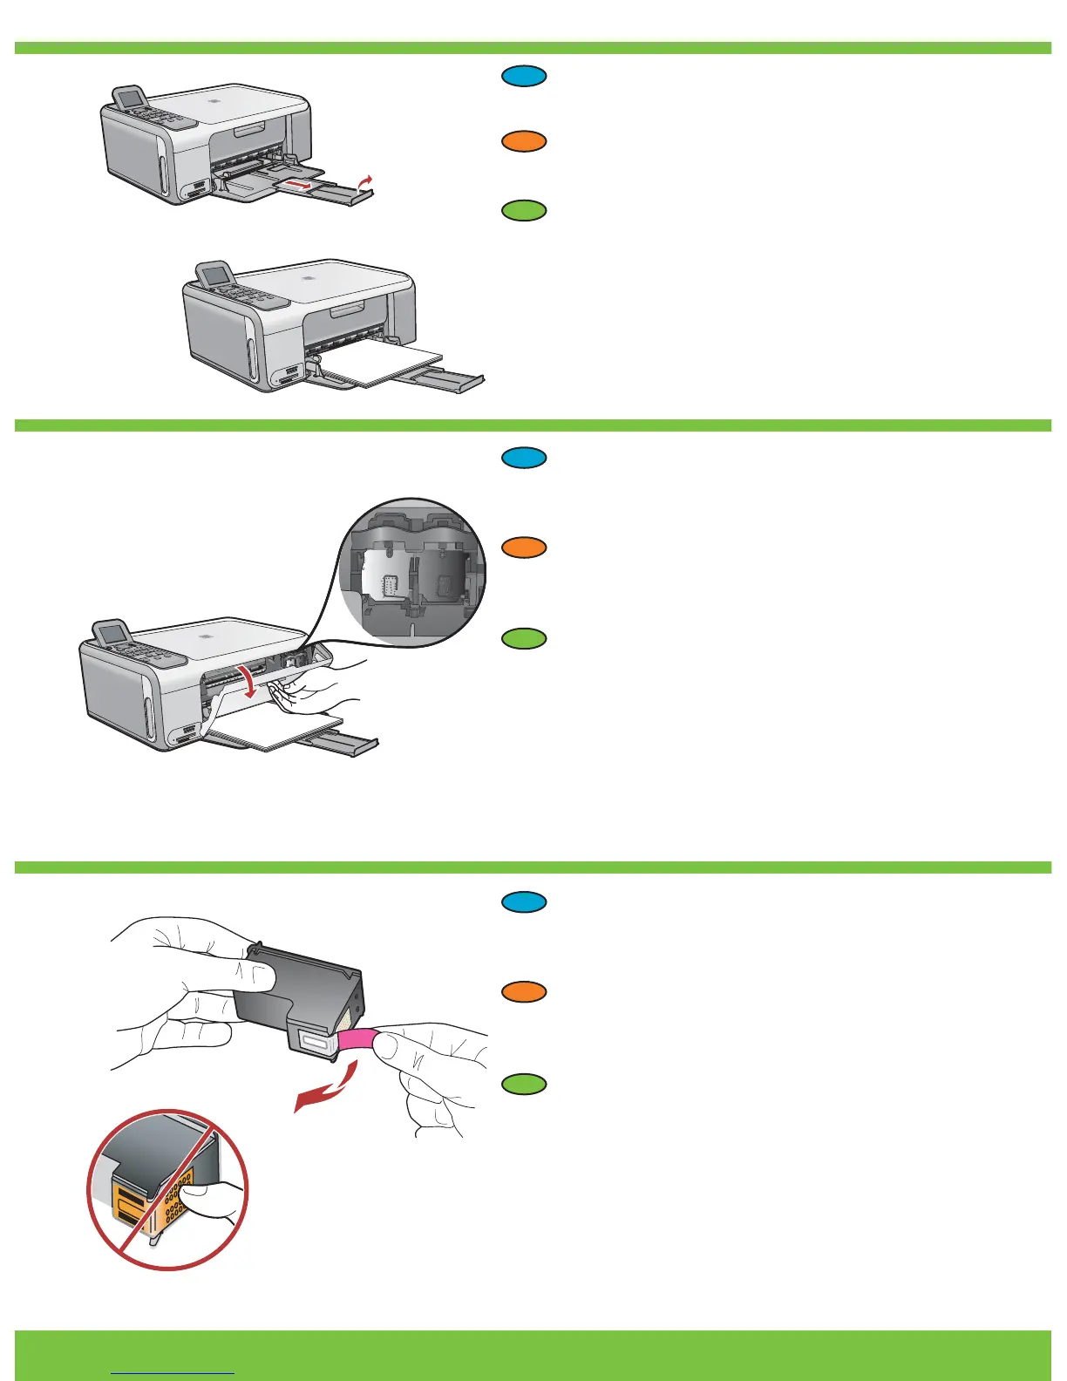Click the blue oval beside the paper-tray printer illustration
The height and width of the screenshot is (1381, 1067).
(524, 77)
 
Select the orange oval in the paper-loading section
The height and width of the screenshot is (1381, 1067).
(524, 141)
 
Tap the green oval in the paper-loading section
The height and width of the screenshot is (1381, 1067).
(524, 211)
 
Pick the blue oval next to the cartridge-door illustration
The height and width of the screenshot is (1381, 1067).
(524, 458)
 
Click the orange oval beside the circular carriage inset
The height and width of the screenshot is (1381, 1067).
(524, 548)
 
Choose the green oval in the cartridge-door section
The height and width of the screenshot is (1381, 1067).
(524, 638)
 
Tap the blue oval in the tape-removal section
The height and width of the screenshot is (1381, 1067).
(524, 902)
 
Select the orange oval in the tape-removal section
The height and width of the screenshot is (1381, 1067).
(524, 992)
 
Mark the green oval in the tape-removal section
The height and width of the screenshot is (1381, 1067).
(524, 1084)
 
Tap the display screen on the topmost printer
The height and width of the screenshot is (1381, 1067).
(132, 99)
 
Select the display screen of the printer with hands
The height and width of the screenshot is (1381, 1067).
(111, 635)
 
